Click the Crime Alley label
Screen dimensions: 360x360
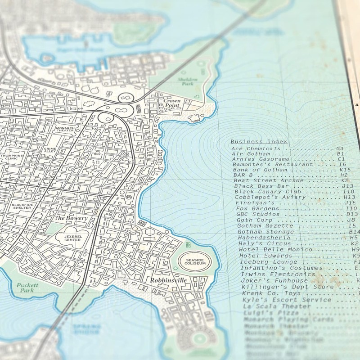(50, 150)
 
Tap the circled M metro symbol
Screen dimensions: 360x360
(130, 197)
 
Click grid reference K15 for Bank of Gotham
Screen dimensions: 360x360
(345, 170)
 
